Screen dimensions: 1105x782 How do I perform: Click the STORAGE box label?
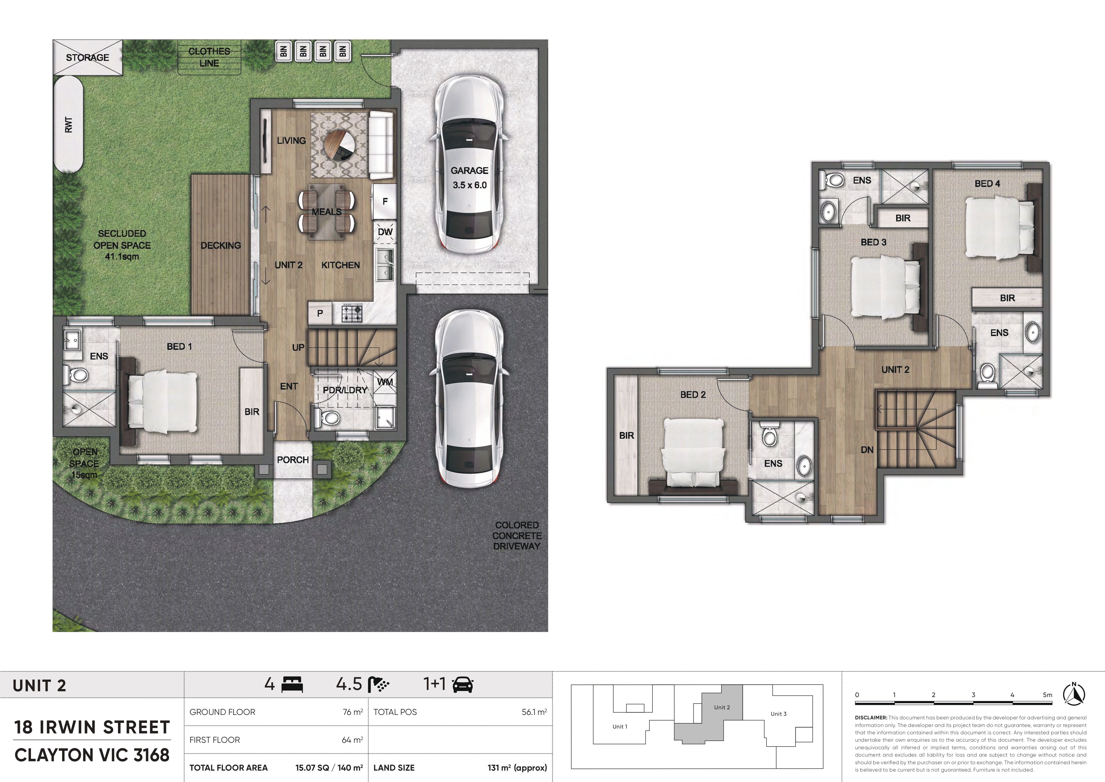[88, 57]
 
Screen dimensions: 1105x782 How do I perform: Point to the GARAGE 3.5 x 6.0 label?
[469, 178]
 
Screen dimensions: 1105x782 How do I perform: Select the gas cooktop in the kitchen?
[352, 313]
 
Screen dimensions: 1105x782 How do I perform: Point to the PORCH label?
[293, 460]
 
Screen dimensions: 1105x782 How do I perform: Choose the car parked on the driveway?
[469, 398]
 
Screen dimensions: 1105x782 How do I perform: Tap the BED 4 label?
[987, 183]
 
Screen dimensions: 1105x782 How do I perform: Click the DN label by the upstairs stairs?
[867, 450]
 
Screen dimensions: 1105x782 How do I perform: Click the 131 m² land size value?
[517, 768]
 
